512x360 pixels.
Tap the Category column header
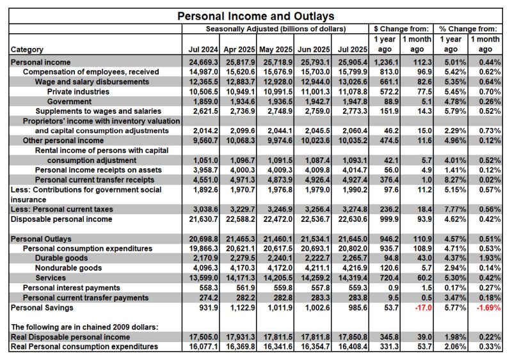pyautogui.click(x=27, y=49)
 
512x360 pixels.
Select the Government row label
pyautogui.click(x=69, y=101)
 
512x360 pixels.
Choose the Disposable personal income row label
pyautogui.click(x=61, y=219)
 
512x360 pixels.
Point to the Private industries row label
pyautogui.click(x=77, y=91)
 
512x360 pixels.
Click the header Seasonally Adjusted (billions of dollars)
pyautogui.click(x=276, y=29)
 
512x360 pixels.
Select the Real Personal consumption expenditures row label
pyautogui.click(x=84, y=347)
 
